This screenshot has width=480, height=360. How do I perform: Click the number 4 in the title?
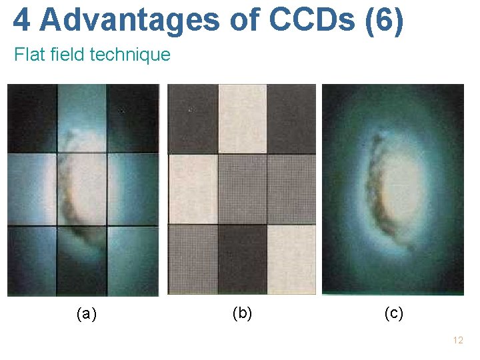[x=21, y=20]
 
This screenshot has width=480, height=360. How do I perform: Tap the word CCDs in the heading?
[x=314, y=20]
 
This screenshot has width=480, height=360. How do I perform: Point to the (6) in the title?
[x=385, y=20]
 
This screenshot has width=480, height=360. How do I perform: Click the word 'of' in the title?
[x=244, y=20]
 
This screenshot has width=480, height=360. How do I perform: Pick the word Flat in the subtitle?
[x=27, y=55]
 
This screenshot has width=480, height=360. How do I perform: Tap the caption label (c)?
[x=393, y=313]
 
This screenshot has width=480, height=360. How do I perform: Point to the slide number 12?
[x=457, y=340]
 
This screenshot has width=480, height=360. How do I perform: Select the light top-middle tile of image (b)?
[x=242, y=118]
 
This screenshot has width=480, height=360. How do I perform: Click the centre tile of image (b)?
[x=242, y=189]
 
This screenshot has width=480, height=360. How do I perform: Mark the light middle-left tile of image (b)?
[x=193, y=189]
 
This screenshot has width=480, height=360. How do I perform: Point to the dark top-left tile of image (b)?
[x=193, y=118]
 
